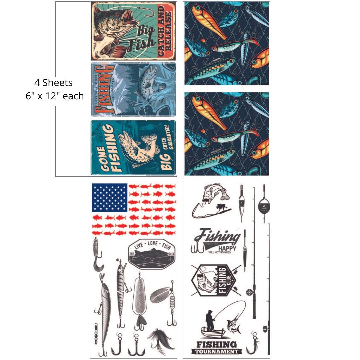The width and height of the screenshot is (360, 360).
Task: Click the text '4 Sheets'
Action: point(53,82)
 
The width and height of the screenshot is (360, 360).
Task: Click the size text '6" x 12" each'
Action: point(55,96)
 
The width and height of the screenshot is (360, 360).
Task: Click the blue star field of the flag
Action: point(110,197)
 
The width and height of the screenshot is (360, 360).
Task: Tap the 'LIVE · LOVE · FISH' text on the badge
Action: point(152,246)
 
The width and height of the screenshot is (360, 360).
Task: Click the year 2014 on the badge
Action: point(171,254)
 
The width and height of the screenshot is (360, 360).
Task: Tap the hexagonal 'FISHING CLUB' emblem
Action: point(213,280)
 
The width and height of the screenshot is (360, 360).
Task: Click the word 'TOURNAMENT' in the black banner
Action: point(217,352)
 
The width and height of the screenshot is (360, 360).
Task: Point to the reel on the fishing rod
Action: point(249,292)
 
